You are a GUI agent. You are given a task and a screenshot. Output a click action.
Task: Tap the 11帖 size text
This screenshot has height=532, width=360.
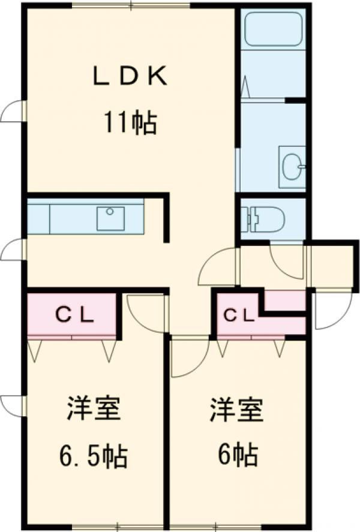coord(130,123)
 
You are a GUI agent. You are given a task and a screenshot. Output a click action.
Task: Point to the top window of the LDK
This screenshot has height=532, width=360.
coord(131,5)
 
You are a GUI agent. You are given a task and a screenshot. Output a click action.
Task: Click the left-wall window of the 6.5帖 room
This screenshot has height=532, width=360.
coord(15,406)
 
